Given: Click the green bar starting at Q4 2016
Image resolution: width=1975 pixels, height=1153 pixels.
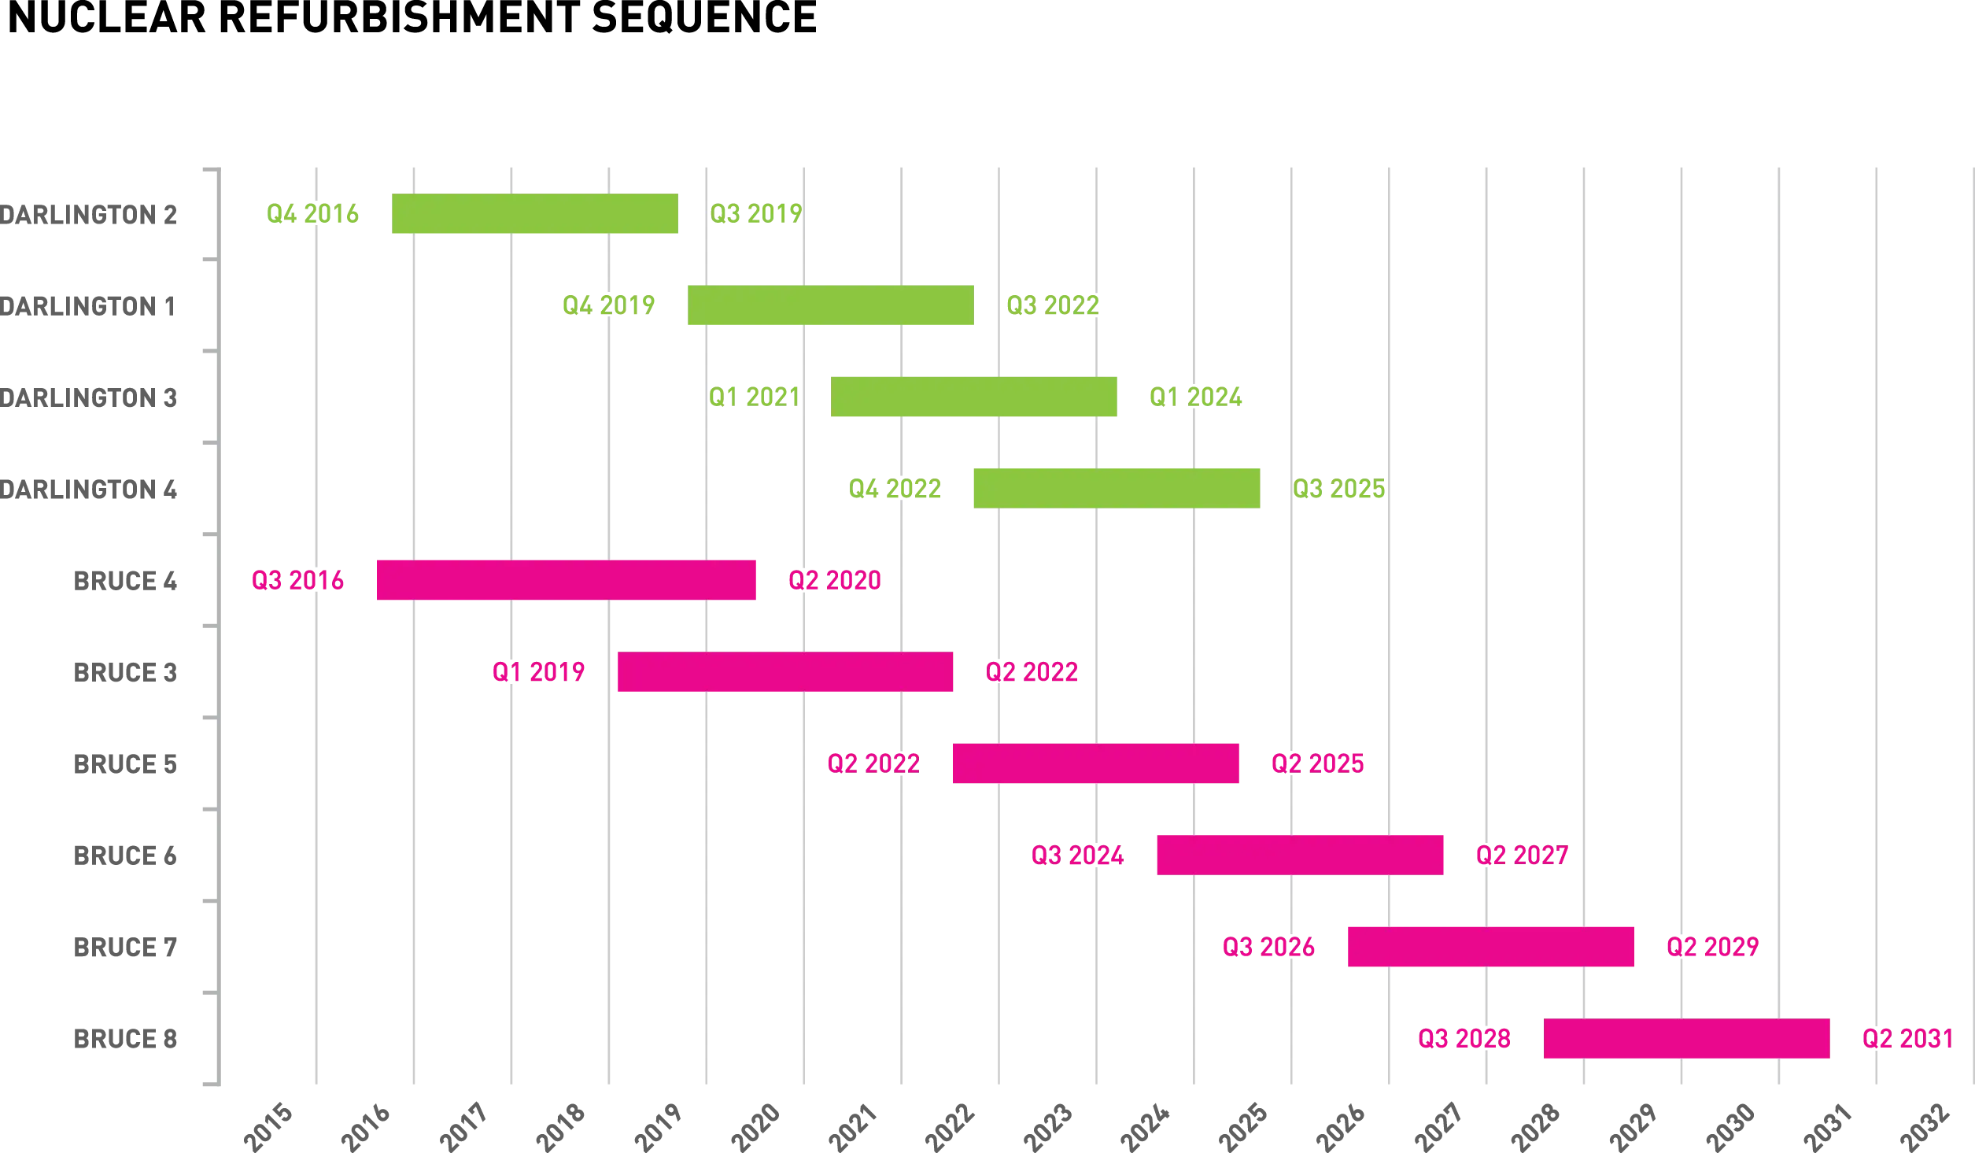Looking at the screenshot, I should [x=534, y=214].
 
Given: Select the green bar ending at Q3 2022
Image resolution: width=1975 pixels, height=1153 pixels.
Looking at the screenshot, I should [x=830, y=305].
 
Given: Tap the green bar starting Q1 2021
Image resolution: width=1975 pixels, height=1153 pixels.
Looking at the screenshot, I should [x=975, y=397].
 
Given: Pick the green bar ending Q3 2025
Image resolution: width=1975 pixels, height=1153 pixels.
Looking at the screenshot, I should [x=1117, y=488].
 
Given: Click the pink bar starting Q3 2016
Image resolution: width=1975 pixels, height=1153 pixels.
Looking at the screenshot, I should [x=566, y=579].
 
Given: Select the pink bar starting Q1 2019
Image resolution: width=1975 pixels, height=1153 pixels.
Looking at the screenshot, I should [x=786, y=671].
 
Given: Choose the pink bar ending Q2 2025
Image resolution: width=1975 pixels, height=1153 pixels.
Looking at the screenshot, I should [x=1095, y=763].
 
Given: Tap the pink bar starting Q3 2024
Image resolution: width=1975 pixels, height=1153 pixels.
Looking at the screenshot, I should [x=1299, y=854].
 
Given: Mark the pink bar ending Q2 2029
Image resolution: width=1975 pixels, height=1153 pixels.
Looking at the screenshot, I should [x=1491, y=947].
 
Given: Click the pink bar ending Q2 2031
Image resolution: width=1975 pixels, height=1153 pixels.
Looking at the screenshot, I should [x=1686, y=1039].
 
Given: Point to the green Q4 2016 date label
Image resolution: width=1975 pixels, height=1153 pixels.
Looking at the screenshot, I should [x=312, y=214].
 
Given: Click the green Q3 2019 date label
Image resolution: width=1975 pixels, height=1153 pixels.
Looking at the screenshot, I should [x=755, y=214].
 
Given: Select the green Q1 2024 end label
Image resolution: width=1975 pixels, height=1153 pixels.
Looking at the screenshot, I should [x=1196, y=397].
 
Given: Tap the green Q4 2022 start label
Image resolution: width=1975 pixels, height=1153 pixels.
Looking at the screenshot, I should [x=896, y=490].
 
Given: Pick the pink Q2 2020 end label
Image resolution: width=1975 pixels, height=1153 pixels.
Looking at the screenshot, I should [x=834, y=580].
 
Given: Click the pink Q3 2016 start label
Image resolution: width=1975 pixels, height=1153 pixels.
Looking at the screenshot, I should [x=298, y=580].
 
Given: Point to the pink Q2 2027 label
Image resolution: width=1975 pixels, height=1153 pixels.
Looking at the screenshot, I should [x=1522, y=856].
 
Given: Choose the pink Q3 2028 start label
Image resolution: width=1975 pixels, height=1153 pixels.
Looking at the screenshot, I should [x=1464, y=1039].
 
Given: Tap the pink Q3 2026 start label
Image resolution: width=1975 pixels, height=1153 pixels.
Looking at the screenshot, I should [x=1268, y=945].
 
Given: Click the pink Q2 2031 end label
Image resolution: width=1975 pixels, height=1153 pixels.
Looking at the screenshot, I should [x=1907, y=1039].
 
